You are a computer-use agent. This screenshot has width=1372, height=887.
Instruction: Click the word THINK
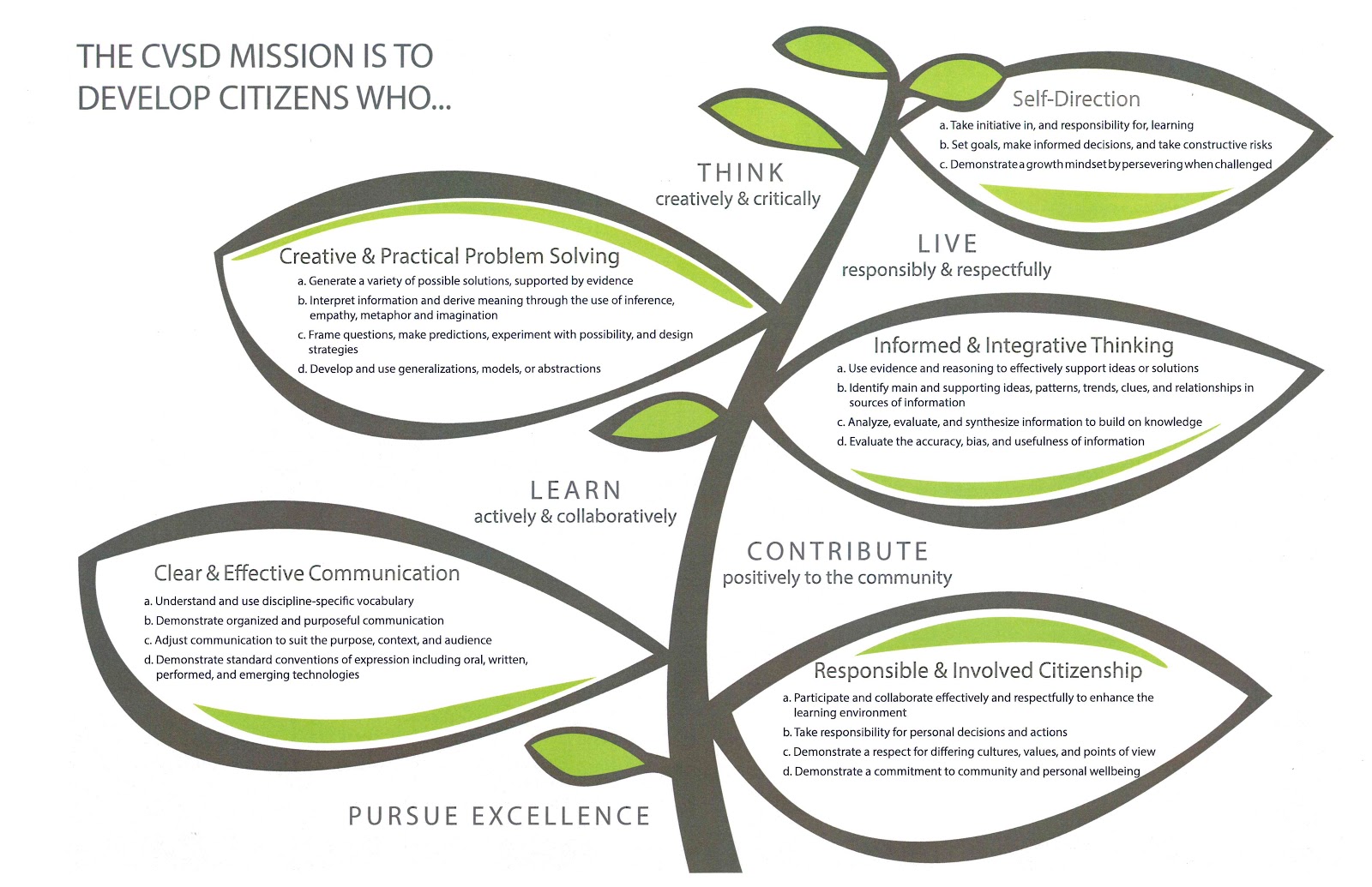click(741, 173)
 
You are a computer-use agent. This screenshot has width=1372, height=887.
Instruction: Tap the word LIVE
click(948, 244)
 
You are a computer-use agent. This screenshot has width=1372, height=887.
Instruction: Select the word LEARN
click(575, 490)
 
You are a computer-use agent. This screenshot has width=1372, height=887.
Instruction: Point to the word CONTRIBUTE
click(838, 551)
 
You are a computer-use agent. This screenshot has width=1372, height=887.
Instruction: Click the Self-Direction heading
click(1076, 99)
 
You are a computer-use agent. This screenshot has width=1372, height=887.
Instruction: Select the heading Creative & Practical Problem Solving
click(449, 256)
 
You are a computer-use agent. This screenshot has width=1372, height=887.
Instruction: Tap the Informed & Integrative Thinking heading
click(1023, 345)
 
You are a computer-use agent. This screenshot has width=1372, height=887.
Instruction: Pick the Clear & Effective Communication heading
click(307, 573)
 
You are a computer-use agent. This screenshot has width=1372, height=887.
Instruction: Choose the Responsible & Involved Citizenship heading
click(978, 670)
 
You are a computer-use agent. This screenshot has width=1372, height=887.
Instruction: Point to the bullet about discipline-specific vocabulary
click(280, 601)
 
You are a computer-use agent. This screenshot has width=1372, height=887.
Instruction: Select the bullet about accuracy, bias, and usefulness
click(991, 441)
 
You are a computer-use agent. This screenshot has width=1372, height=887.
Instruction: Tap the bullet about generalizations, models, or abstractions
click(449, 369)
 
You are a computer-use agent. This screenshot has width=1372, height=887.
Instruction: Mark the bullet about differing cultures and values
click(969, 752)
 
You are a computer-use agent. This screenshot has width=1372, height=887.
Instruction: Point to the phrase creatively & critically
click(737, 199)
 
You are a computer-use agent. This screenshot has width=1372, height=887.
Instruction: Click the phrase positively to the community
click(837, 578)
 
